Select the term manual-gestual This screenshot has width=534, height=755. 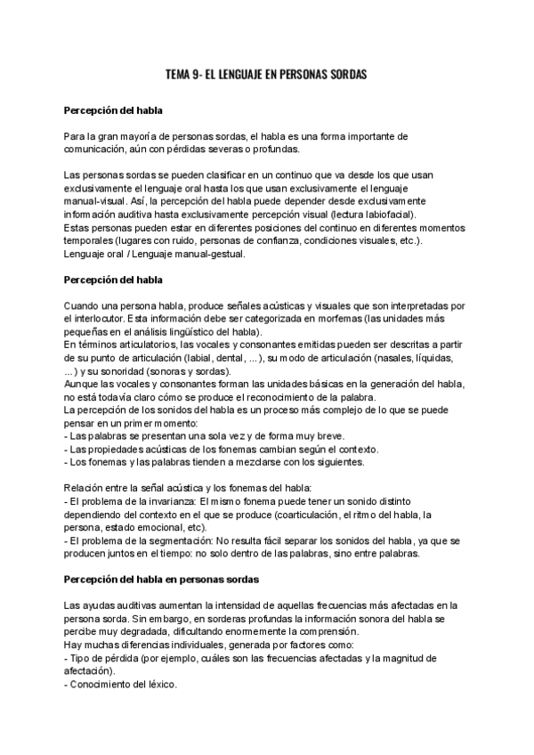206,253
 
